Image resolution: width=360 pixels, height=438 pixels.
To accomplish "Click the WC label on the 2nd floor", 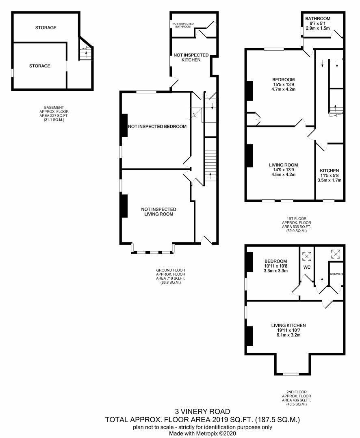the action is click(x=307, y=268).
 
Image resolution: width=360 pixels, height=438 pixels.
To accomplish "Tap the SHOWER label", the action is click(x=336, y=274).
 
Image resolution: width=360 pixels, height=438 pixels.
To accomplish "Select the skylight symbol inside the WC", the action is click(x=307, y=256).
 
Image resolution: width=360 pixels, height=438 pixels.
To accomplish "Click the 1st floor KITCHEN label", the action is click(x=329, y=170).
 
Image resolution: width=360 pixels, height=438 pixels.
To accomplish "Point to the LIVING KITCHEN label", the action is click(x=288, y=326).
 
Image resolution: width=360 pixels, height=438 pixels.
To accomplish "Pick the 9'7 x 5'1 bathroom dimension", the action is click(x=318, y=24).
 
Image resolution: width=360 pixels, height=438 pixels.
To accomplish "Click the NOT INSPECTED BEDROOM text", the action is click(x=157, y=127).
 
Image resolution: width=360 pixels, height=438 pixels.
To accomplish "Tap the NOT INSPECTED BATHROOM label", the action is click(x=183, y=25).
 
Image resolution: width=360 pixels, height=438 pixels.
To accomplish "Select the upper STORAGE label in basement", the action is click(x=46, y=28).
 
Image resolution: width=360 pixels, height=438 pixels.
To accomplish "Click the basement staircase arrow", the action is click(x=87, y=54).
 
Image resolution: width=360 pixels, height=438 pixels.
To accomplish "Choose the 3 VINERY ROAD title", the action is click(x=203, y=411).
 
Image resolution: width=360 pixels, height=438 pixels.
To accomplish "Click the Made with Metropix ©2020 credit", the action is click(x=202, y=433).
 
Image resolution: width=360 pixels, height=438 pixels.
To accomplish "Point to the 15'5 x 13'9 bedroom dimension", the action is click(x=284, y=84).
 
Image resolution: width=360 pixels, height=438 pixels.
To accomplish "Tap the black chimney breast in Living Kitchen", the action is click(x=249, y=336).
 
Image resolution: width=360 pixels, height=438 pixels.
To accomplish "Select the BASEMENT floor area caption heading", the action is click(x=54, y=107).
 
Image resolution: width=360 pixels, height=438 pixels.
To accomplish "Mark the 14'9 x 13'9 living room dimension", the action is click(x=284, y=170).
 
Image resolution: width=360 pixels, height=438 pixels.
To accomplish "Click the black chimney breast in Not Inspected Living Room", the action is click(x=124, y=206).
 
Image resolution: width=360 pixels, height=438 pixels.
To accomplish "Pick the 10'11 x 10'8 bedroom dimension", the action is click(x=276, y=266).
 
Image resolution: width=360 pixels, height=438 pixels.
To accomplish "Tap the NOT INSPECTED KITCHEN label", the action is click(x=191, y=57).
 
